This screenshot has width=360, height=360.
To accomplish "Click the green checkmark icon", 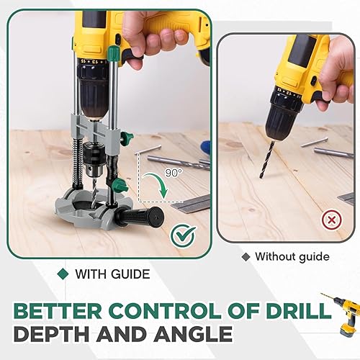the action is tap(184, 236).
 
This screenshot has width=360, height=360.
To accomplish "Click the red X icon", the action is tap(332, 220).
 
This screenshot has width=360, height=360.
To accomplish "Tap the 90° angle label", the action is tap(174, 173).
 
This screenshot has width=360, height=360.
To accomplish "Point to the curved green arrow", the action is tap(157, 184).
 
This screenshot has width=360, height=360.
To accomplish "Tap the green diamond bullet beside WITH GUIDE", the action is tap(63, 274).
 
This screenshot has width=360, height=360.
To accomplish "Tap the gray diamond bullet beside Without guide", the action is tap(246, 257).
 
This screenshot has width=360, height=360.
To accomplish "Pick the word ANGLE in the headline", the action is tap(193, 334).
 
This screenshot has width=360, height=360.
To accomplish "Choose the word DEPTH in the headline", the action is tap(51, 334).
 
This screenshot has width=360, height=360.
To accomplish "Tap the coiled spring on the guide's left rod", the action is tap(79, 163).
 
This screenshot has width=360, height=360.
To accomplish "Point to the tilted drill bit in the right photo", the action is tap(266, 160).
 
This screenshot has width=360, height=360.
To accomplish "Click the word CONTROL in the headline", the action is tap(165, 311).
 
